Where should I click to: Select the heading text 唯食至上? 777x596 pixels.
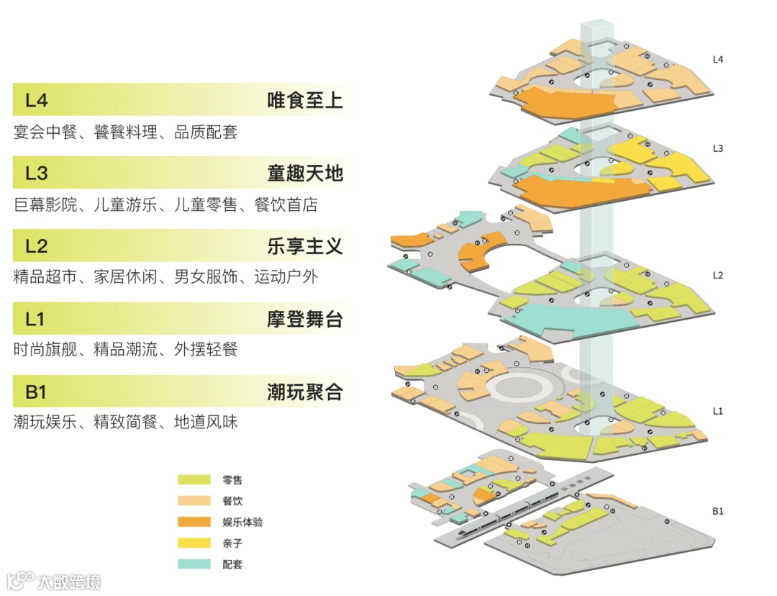tap(304, 101)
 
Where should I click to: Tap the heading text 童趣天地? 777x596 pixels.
tap(304, 173)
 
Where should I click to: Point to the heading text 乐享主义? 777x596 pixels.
tap(304, 246)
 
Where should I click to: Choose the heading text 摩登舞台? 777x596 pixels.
tap(304, 319)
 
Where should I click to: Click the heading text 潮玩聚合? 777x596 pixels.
tap(304, 392)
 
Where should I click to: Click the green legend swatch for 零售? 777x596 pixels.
tap(194, 479)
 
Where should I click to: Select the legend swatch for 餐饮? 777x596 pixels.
tap(194, 500)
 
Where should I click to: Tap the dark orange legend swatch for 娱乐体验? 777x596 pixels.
tap(194, 521)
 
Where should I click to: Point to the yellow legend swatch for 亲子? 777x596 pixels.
tap(194, 543)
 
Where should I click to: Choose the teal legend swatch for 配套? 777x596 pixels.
tap(194, 564)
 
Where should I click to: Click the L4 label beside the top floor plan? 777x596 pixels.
tap(717, 59)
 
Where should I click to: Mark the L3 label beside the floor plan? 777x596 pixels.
tap(717, 148)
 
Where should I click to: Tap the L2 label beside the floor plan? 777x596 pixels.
tap(717, 275)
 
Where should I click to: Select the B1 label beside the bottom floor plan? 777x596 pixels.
tap(717, 511)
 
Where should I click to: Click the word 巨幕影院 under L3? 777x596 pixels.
tap(45, 205)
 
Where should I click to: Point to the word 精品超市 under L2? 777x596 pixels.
tap(45, 277)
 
